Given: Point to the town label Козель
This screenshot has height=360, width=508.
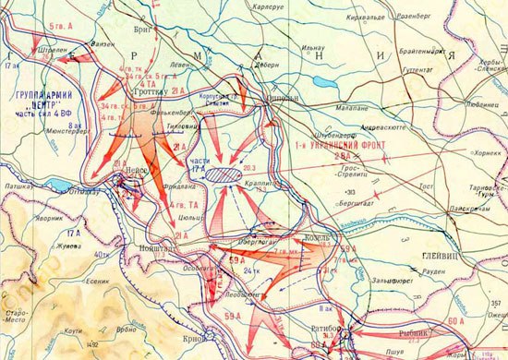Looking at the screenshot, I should click(317, 238).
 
